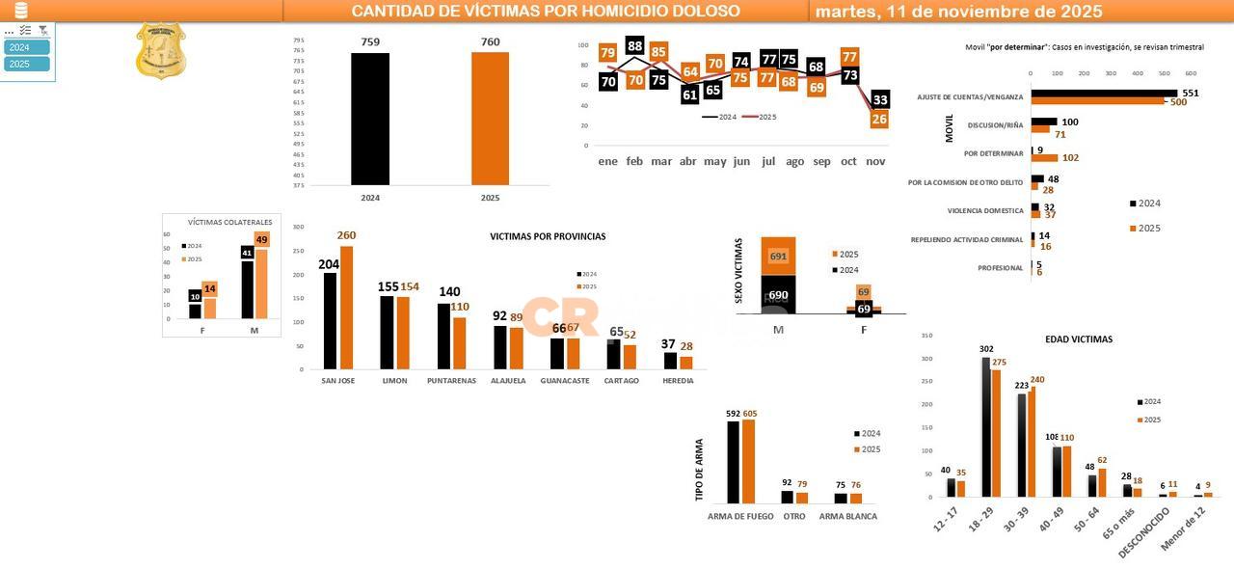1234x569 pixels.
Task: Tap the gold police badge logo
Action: [x=161, y=51]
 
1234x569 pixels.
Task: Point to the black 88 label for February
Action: [x=634, y=45]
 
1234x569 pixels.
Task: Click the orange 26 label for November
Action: [x=878, y=120]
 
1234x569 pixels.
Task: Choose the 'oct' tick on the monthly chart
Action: [x=848, y=162]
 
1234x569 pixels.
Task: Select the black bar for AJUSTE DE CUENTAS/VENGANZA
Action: [x=1104, y=93]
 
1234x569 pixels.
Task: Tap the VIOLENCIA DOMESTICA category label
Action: [x=984, y=210]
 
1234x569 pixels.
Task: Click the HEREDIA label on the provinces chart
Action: [x=678, y=381]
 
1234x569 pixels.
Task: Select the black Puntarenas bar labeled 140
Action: [x=443, y=336]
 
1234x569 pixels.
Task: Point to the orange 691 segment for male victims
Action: [x=778, y=257]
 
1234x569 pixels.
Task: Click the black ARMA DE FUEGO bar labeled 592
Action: [x=734, y=462]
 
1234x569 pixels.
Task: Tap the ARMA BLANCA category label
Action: [x=847, y=517]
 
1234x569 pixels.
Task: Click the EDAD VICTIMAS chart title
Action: [x=1078, y=339]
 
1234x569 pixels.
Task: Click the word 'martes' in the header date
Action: [x=845, y=12]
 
